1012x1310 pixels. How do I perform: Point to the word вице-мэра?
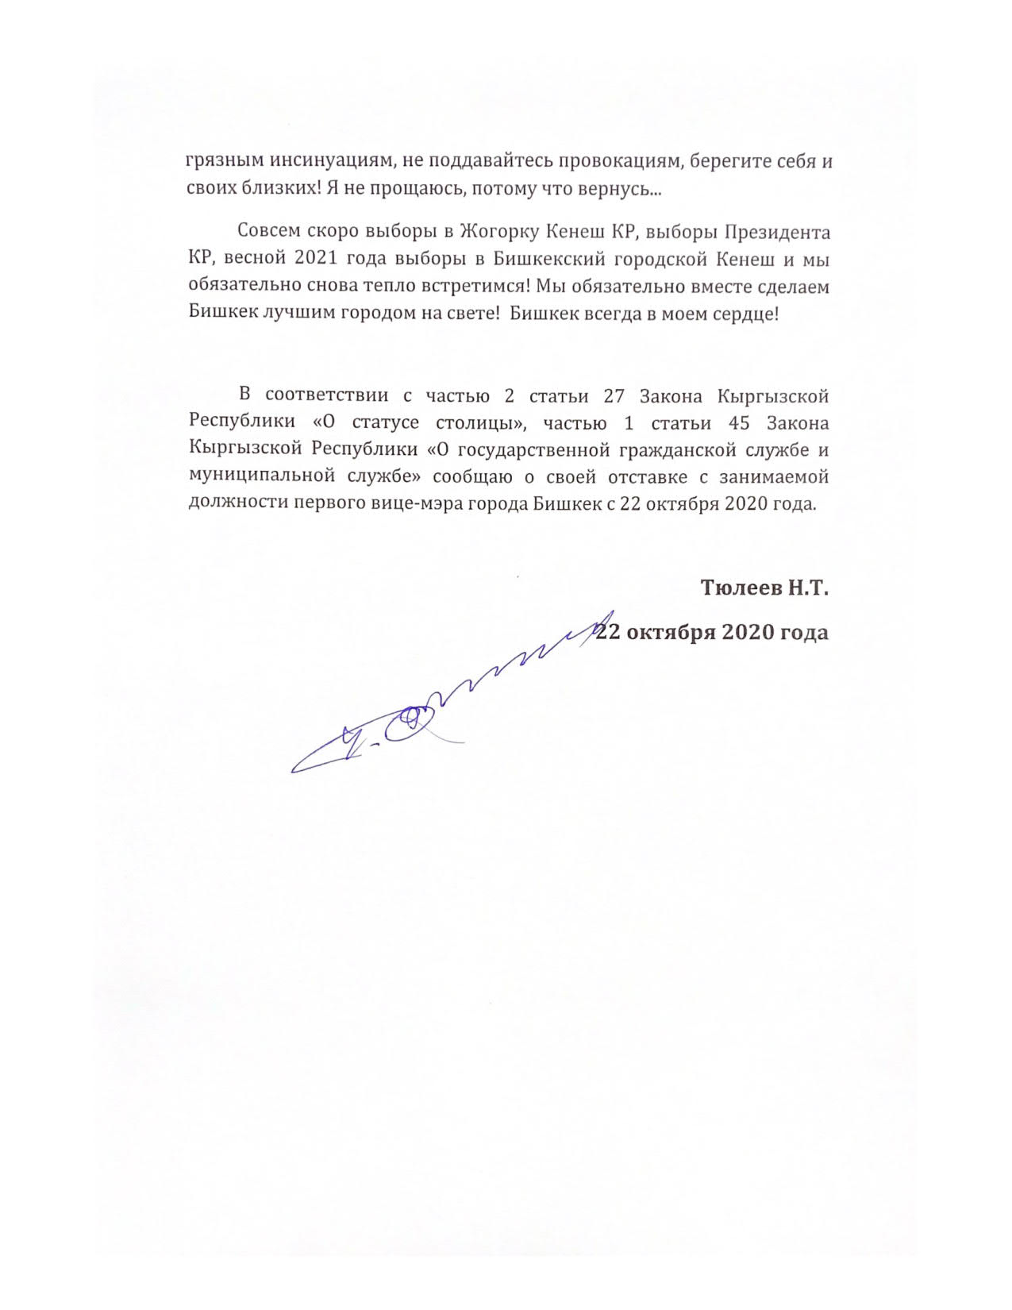click(x=430, y=503)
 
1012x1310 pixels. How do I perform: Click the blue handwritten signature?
click(x=444, y=699)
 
